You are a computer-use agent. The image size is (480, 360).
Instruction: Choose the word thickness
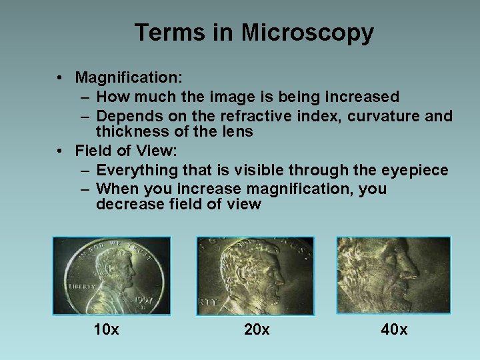pyautogui.click(x=131, y=131)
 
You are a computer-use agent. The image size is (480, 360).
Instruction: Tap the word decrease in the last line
pyautogui.click(x=126, y=205)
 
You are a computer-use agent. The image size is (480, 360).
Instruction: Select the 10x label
pyautogui.click(x=107, y=329)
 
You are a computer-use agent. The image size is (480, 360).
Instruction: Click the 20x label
pyautogui.click(x=257, y=329)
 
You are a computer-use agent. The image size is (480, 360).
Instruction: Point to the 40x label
pyautogui.click(x=394, y=329)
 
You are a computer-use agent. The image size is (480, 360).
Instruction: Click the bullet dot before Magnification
pyautogui.click(x=61, y=78)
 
